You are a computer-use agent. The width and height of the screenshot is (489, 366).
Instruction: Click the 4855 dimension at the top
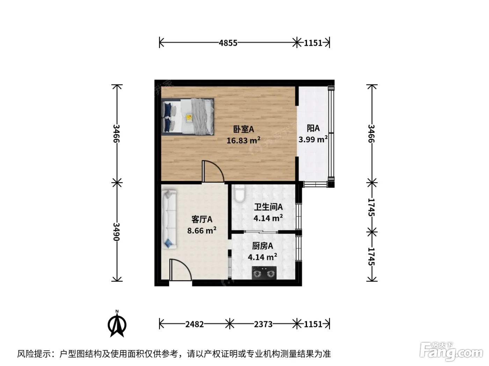[228, 43]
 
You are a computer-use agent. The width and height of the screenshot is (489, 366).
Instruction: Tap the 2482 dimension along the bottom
[195, 324]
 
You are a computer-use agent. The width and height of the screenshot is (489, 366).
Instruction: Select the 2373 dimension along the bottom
[263, 324]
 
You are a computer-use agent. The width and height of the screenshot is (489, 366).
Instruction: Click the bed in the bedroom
[188, 117]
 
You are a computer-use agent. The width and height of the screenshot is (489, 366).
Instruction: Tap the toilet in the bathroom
[240, 193]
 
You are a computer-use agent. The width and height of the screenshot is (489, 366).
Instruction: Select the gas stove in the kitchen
[264, 273]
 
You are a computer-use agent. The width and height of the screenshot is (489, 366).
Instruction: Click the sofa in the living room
[169, 219]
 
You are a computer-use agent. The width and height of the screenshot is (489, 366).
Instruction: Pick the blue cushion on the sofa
[168, 243]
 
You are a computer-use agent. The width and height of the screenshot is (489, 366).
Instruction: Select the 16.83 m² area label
[243, 140]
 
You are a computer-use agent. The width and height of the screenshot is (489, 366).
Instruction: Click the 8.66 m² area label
[202, 230]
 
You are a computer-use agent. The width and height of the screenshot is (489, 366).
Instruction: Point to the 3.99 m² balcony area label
[313, 139]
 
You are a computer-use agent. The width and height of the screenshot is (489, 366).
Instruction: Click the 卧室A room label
[243, 129]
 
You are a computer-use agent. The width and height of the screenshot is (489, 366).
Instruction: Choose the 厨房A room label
[262, 246]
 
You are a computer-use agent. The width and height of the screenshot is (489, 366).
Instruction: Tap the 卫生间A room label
[268, 207]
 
